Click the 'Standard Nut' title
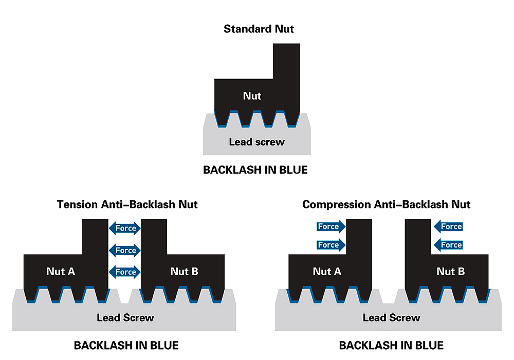pyautogui.click(x=259, y=29)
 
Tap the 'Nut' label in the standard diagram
pyautogui.click(x=252, y=96)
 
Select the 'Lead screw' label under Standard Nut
pyautogui.click(x=256, y=141)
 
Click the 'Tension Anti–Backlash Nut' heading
pyautogui.click(x=127, y=204)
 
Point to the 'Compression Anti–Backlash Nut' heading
pyautogui.click(x=387, y=204)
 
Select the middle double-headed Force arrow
pyautogui.click(x=125, y=251)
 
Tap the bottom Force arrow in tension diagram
pyautogui.click(x=125, y=272)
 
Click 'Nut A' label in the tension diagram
pyautogui.click(x=61, y=271)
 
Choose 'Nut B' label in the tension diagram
pyautogui.click(x=184, y=271)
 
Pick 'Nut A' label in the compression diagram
pyautogui.click(x=327, y=271)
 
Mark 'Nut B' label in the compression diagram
pyautogui.click(x=451, y=271)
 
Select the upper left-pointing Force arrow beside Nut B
pyautogui.click(x=448, y=226)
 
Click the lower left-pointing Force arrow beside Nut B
pyautogui.click(x=448, y=245)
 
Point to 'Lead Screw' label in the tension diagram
pyautogui.click(x=125, y=318)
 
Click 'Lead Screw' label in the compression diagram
pyautogui.click(x=391, y=318)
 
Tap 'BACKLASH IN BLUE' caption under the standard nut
pyautogui.click(x=255, y=170)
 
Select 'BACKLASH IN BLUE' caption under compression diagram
pyautogui.click(x=391, y=345)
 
